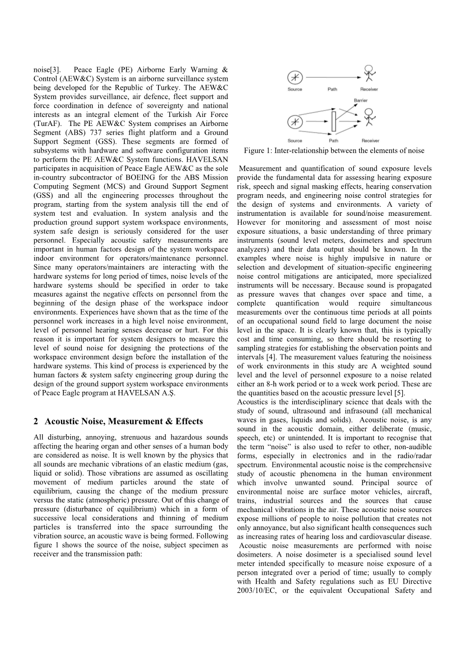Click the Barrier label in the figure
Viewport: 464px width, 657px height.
pyautogui.click(x=361, y=100)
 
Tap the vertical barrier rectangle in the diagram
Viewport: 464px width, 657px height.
pyautogui.click(x=334, y=122)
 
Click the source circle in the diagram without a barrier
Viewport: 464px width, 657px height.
pyautogui.click(x=294, y=77)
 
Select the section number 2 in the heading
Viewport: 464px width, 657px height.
pyautogui.click(x=36, y=421)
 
